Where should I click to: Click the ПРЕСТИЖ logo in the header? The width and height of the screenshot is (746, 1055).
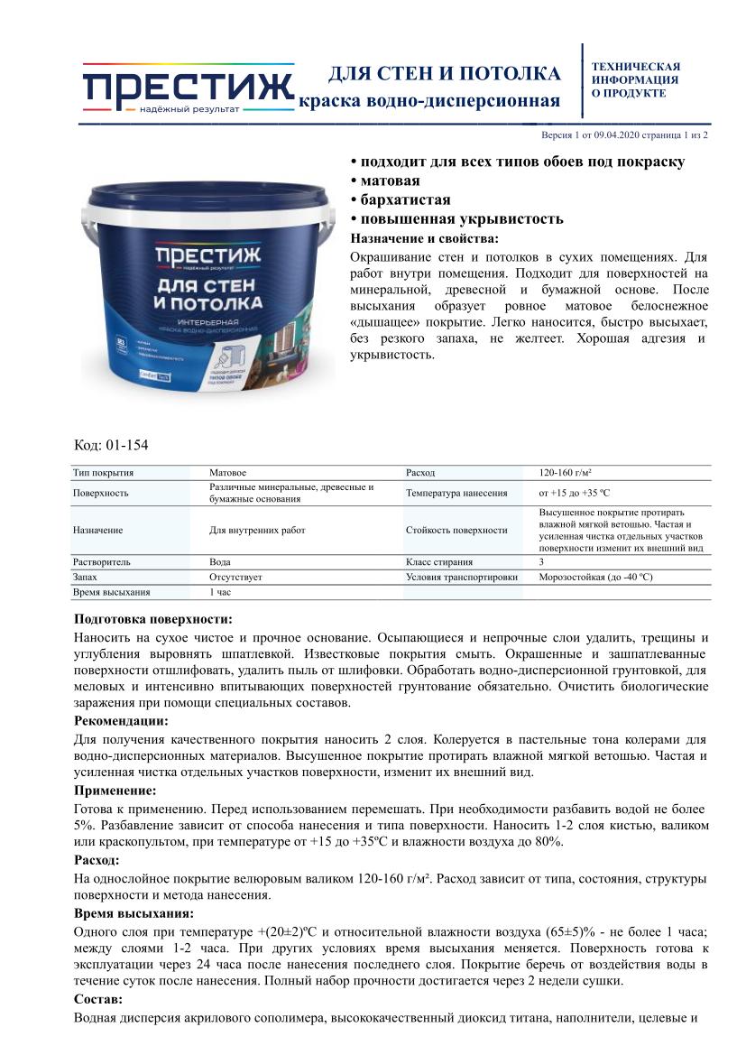click(188, 88)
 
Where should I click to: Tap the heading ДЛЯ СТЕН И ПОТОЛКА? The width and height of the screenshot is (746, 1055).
click(443, 73)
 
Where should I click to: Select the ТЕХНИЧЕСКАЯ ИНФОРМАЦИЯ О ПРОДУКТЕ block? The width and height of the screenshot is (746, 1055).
click(635, 79)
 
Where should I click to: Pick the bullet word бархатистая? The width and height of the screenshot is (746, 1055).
click(405, 199)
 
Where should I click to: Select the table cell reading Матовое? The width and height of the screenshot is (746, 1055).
click(227, 473)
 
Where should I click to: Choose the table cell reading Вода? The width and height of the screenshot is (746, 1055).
click(219, 561)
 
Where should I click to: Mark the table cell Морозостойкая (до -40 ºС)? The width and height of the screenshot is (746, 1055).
click(595, 577)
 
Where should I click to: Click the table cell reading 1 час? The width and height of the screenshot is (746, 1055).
click(220, 592)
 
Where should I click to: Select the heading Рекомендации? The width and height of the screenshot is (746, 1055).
click(120, 721)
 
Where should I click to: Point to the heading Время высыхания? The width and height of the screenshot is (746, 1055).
click(133, 913)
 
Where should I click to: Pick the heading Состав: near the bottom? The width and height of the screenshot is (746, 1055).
click(98, 1000)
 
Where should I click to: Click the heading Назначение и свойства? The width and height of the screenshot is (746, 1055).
click(423, 238)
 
